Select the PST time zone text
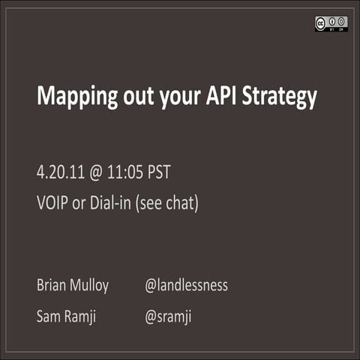157,172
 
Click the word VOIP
52,202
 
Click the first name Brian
51,285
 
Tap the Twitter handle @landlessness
186,285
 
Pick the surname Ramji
82,316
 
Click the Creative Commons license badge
331,24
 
